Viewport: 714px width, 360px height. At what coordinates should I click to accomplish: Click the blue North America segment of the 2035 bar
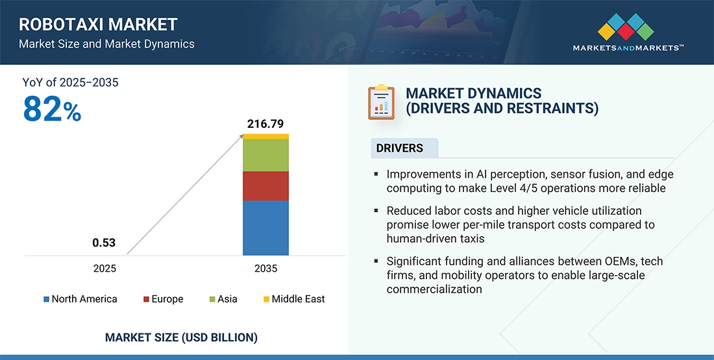265,228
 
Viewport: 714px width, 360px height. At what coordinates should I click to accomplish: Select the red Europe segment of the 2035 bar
265,186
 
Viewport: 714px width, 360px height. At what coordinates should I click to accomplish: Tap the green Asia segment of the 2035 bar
265,155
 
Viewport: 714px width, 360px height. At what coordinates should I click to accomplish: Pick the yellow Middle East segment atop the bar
265,136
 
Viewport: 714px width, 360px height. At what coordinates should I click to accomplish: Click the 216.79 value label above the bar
265,123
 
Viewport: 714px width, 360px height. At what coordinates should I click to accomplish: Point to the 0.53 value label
104,243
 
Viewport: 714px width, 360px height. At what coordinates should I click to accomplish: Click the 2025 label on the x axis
104,268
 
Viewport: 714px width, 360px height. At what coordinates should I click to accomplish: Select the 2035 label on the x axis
265,268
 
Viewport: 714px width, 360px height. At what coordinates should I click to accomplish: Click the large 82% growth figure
52,110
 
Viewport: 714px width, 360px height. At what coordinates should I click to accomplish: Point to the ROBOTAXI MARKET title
98,25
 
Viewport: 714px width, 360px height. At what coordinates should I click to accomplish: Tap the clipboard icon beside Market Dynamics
381,102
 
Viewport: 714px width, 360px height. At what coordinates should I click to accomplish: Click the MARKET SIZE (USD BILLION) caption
181,337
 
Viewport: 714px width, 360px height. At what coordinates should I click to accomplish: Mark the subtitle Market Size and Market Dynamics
106,44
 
